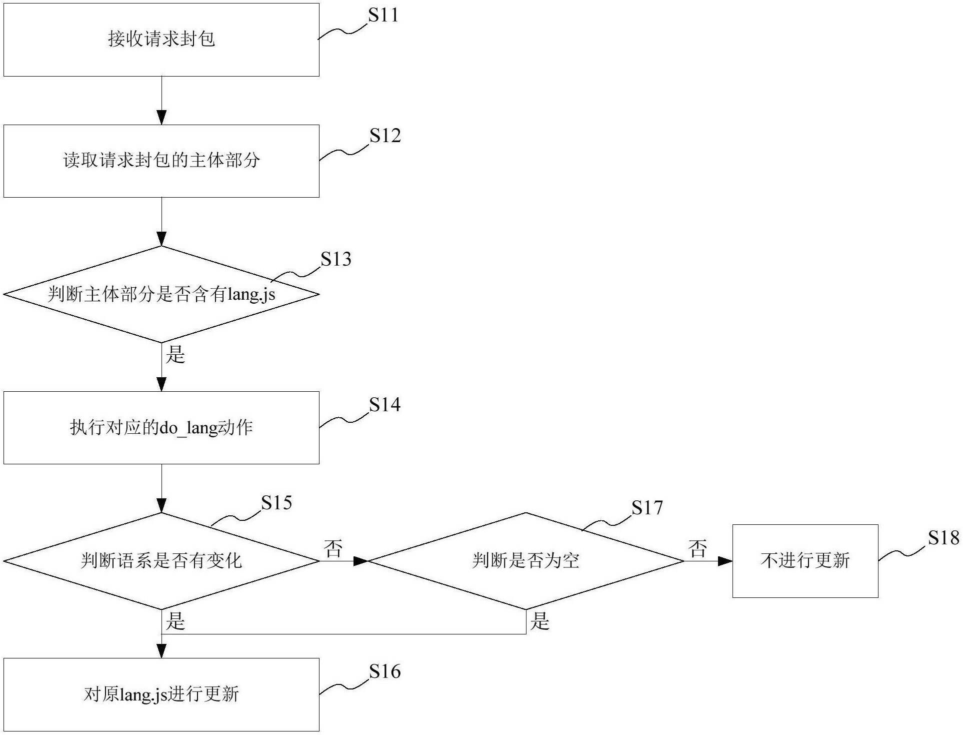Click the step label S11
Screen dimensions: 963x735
(x=383, y=15)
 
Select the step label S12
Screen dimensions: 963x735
(x=385, y=136)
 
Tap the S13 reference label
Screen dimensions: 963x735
(x=336, y=259)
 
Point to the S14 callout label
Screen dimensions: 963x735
(x=384, y=405)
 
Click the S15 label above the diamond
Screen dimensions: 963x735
(x=276, y=502)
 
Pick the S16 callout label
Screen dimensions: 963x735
(x=384, y=671)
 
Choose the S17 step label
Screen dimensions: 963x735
(x=647, y=508)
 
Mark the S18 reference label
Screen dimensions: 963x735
(x=943, y=538)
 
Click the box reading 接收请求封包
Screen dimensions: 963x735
(x=161, y=40)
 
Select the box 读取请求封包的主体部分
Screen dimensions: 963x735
(x=161, y=161)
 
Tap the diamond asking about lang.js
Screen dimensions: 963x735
(x=161, y=294)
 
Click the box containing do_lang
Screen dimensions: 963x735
(x=161, y=428)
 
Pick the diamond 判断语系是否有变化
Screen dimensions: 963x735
(x=161, y=561)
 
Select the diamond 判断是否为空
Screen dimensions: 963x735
(x=526, y=561)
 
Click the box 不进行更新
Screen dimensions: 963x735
(x=805, y=561)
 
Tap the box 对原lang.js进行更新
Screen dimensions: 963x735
(x=161, y=694)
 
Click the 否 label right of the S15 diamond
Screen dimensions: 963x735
(x=333, y=548)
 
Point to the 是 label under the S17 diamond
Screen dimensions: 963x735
(x=539, y=621)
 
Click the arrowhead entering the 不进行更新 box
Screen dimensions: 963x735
(x=725, y=561)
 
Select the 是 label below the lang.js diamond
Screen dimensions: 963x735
(x=175, y=355)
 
